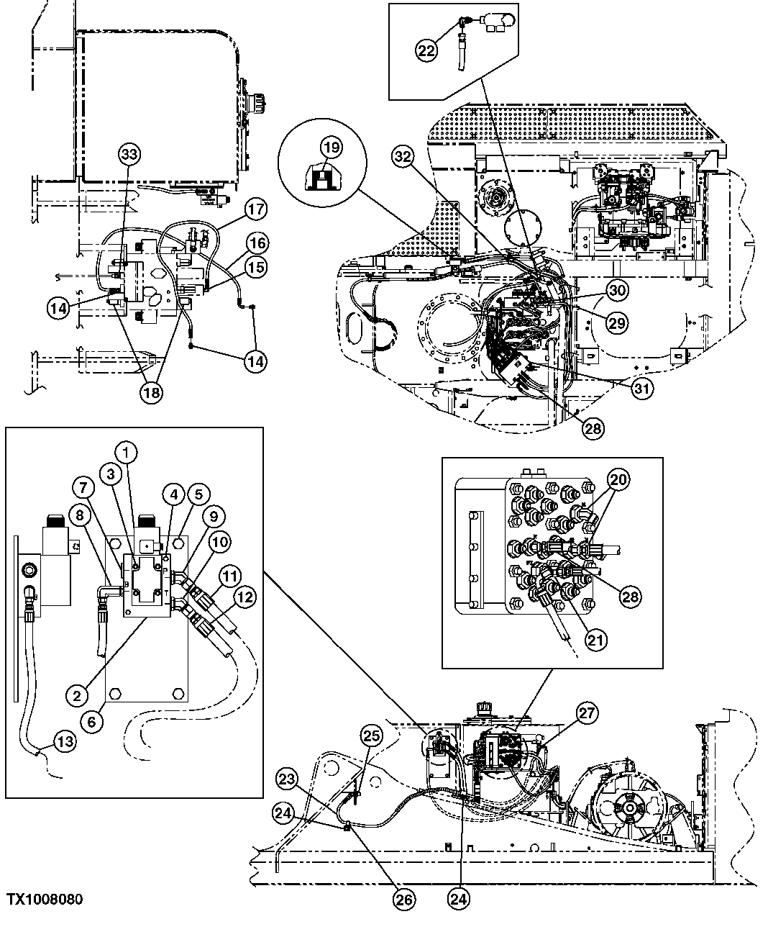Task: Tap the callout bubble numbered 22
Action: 426,49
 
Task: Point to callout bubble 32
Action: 404,156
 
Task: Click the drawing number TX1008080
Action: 45,900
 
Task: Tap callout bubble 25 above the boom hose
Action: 370,736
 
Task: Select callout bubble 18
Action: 152,392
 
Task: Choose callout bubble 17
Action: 256,210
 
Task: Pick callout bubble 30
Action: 616,291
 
